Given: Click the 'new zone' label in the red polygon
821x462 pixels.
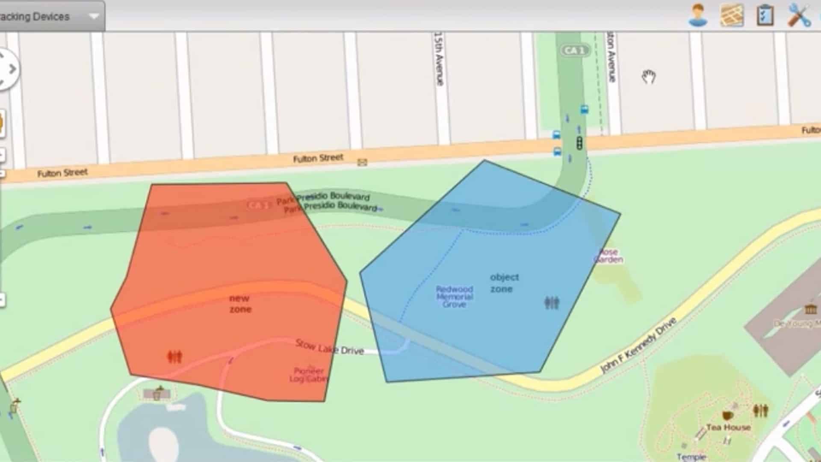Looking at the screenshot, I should coord(240,304).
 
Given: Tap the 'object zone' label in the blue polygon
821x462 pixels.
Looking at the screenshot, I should coord(504,283).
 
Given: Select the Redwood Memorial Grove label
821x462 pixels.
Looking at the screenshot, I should coord(454,296).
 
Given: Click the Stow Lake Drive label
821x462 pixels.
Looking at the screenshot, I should coord(329,347).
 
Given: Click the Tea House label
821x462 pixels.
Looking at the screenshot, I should coord(728,427).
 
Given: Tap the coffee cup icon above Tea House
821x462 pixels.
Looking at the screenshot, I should coord(727,415).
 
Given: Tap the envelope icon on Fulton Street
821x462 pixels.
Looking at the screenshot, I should coord(362,162).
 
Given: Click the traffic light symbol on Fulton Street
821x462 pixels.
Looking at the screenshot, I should coord(579,143).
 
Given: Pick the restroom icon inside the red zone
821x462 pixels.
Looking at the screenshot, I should coord(174,356).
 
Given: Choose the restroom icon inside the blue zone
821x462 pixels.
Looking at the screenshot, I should coord(552,303).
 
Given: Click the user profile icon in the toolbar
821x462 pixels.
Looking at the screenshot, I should coord(698,15).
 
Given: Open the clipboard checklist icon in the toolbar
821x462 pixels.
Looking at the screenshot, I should coord(765,15).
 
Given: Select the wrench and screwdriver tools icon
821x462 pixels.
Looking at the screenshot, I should coord(799,15).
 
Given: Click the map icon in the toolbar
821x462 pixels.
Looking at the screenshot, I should coord(732,15).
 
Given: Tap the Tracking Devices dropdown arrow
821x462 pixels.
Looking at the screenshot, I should coord(94,17).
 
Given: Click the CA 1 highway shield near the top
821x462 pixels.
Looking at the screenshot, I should coord(574,50).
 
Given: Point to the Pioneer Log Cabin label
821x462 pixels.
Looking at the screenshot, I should coord(309,375).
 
